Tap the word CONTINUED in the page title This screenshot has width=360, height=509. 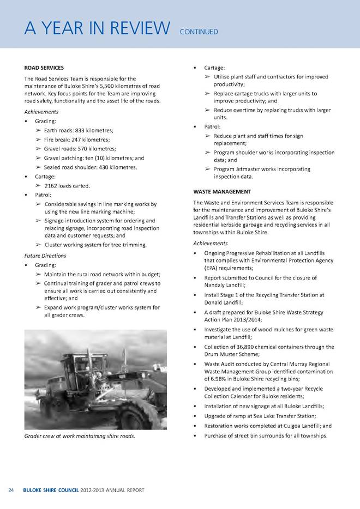[x=199, y=32]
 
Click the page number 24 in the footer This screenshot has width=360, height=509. [x=10, y=490]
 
